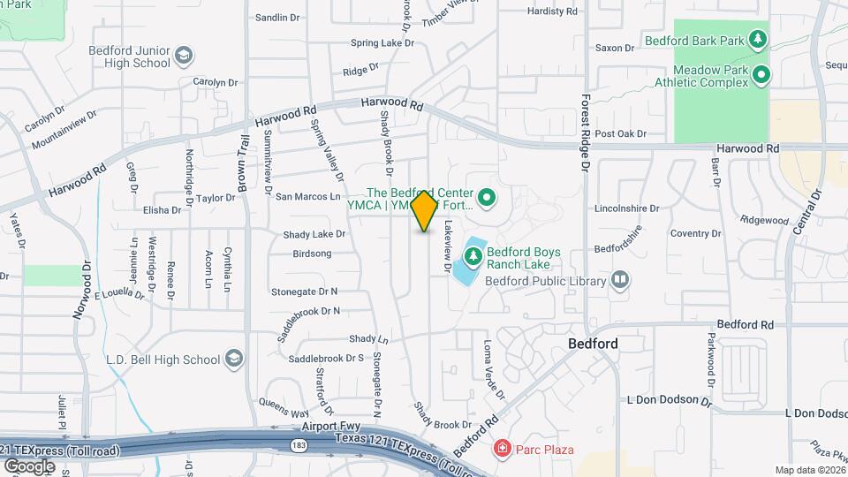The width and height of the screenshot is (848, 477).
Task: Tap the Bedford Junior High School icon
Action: point(184,57)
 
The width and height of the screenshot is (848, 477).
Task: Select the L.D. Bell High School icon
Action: point(233,360)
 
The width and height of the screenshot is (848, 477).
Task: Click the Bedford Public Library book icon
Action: point(620,281)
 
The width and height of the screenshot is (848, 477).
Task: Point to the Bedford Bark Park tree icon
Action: point(756,39)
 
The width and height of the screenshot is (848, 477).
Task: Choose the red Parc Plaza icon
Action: point(502,450)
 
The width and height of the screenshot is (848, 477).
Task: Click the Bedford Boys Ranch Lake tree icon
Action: point(473,256)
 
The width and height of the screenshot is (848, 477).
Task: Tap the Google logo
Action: point(29,466)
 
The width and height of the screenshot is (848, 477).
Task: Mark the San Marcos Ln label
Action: point(308,196)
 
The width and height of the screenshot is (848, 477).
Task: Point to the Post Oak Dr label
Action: point(621,134)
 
